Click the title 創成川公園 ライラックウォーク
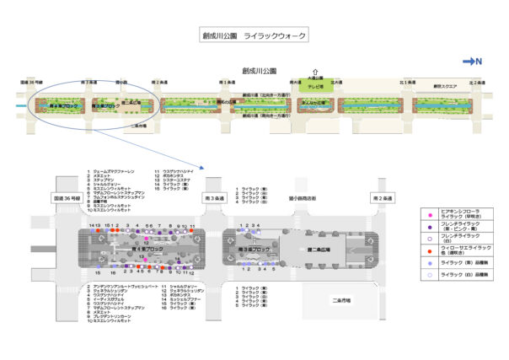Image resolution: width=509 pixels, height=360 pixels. coord(254,36)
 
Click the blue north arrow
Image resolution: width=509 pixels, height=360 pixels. coord(471,61)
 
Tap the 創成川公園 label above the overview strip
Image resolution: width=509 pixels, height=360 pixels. coord(254,73)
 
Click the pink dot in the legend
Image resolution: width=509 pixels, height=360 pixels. coord(429,216)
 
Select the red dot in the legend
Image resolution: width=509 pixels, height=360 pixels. coord(429,250)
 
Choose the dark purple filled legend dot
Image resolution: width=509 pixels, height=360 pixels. coord(429,228)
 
